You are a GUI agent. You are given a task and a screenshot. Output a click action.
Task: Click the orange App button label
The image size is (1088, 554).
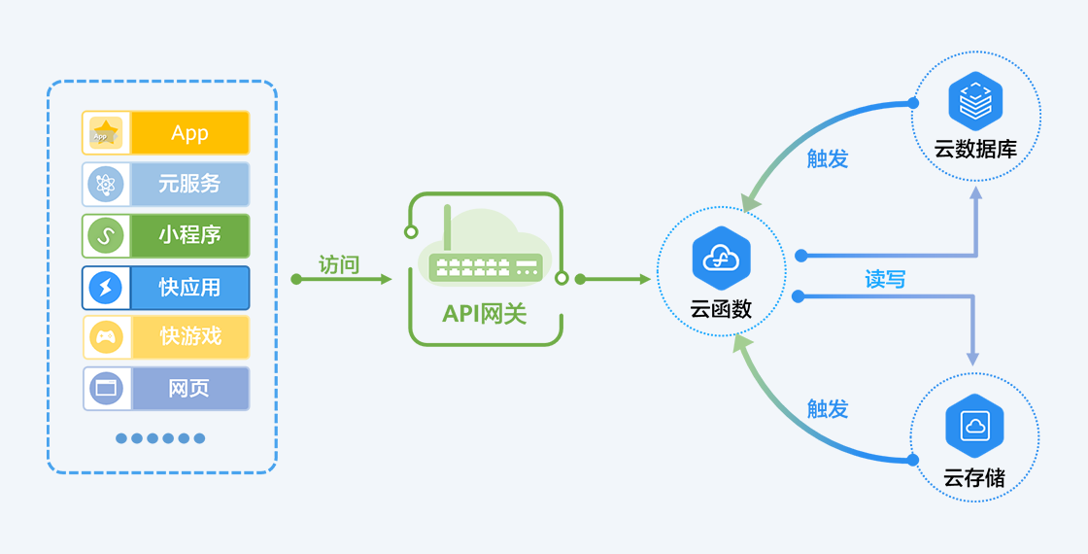pos(189,133)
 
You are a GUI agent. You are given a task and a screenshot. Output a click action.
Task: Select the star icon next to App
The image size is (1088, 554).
pos(106,133)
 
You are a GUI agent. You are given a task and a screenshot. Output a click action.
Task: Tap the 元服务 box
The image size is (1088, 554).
pos(189,184)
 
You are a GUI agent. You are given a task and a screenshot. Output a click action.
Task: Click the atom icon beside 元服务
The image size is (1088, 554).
pos(106,184)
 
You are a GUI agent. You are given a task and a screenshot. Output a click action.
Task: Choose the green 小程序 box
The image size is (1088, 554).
pos(189,235)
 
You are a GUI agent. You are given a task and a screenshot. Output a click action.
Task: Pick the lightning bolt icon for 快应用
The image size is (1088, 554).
pos(106,288)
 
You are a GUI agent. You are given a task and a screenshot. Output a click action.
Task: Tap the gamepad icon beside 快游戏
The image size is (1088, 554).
pos(106,337)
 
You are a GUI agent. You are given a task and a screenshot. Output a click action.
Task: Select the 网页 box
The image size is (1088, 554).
pos(189,389)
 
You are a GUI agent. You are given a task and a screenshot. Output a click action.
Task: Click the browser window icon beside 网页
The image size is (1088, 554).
pos(106,389)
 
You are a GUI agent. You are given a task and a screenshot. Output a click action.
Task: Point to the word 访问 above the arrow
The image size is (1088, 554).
pos(339,264)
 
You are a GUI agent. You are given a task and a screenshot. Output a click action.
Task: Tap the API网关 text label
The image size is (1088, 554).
pos(485,314)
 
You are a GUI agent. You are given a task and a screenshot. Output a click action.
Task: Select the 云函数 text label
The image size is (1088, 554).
pos(721,309)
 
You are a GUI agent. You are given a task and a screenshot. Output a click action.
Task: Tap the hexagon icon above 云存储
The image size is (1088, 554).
pos(974,426)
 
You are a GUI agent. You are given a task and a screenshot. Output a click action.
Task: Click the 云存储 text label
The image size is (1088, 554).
pos(974,477)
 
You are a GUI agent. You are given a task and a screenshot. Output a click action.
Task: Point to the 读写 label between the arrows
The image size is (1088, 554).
pos(885,280)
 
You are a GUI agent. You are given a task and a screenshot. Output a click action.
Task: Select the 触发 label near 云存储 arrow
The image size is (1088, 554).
pos(828,409)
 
